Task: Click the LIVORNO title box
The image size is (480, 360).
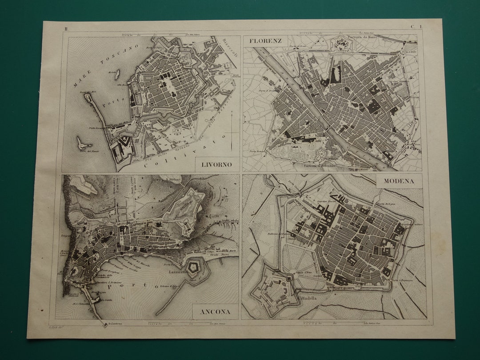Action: coord(216,164)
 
